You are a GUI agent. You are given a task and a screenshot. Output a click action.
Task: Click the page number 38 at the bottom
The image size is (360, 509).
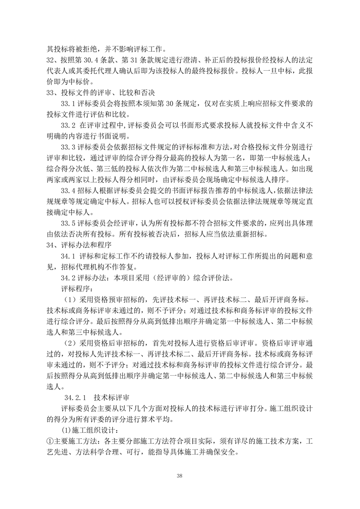coord(180,475)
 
